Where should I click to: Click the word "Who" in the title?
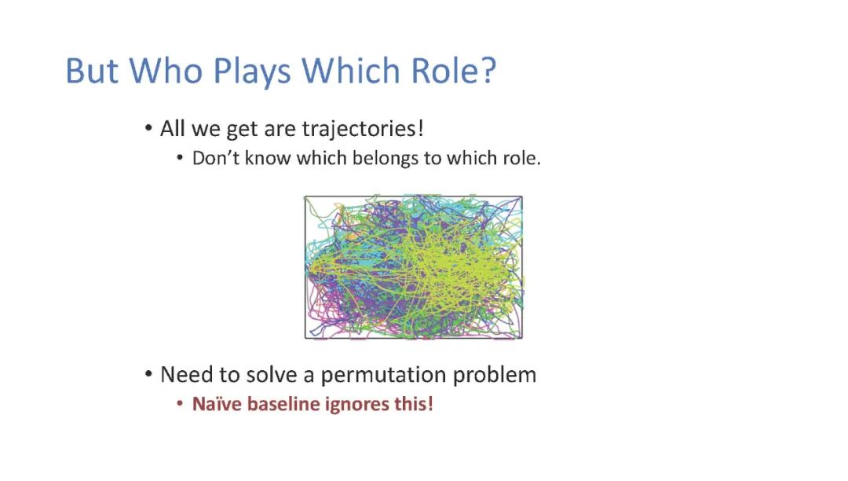tap(166, 70)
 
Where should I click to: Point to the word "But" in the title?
tap(92, 70)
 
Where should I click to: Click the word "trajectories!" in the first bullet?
tap(363, 130)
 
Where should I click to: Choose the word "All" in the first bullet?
tap(173, 129)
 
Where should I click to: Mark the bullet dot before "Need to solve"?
tap(148, 375)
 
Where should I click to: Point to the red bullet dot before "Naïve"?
tap(180, 404)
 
